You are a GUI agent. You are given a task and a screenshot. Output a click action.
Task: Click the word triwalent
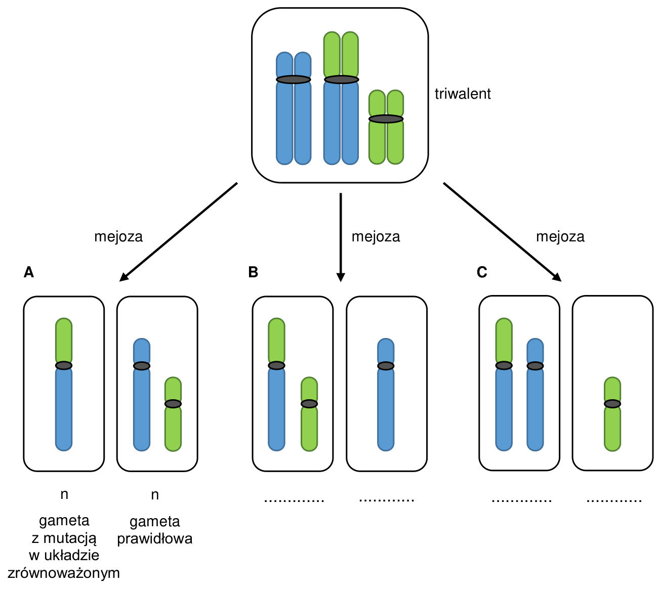point(462,94)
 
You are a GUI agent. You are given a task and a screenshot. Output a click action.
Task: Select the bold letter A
point(29,272)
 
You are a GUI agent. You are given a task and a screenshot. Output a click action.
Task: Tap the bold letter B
point(253,272)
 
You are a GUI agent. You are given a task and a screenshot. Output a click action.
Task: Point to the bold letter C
point(481,272)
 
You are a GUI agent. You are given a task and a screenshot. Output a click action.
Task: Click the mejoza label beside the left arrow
point(118,237)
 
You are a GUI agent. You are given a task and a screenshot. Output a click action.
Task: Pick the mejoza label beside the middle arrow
point(376,237)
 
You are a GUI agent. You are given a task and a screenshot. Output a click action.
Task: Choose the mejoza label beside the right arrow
point(560,237)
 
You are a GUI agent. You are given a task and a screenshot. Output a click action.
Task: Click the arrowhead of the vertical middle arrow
point(341,277)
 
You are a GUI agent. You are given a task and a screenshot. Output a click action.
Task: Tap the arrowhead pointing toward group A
point(125,277)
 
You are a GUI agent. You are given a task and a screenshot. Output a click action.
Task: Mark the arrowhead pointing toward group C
point(557,277)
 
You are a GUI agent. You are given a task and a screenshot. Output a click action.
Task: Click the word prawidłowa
point(155,538)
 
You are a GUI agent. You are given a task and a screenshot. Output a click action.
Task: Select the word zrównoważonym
point(64,573)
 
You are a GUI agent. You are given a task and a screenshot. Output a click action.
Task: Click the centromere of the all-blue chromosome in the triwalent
point(294,79)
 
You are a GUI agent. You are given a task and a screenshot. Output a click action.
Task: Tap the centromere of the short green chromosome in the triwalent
point(386,119)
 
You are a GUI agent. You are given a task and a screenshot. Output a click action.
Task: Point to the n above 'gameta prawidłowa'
point(155,495)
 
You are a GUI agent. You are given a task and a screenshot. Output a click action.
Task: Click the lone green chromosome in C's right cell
point(612,414)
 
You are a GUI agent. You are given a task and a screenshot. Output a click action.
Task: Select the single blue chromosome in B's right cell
point(386,395)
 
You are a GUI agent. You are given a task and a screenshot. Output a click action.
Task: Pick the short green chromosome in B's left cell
point(309,414)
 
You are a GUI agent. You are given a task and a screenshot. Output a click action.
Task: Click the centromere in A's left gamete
point(64,365)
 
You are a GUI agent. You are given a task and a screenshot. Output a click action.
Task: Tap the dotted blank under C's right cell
point(614,500)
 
